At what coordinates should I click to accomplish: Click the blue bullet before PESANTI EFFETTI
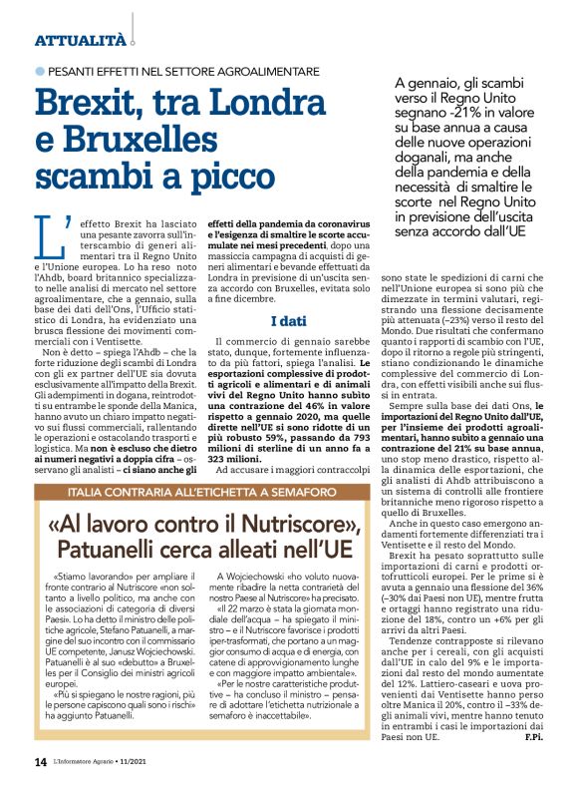click(x=40, y=71)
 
